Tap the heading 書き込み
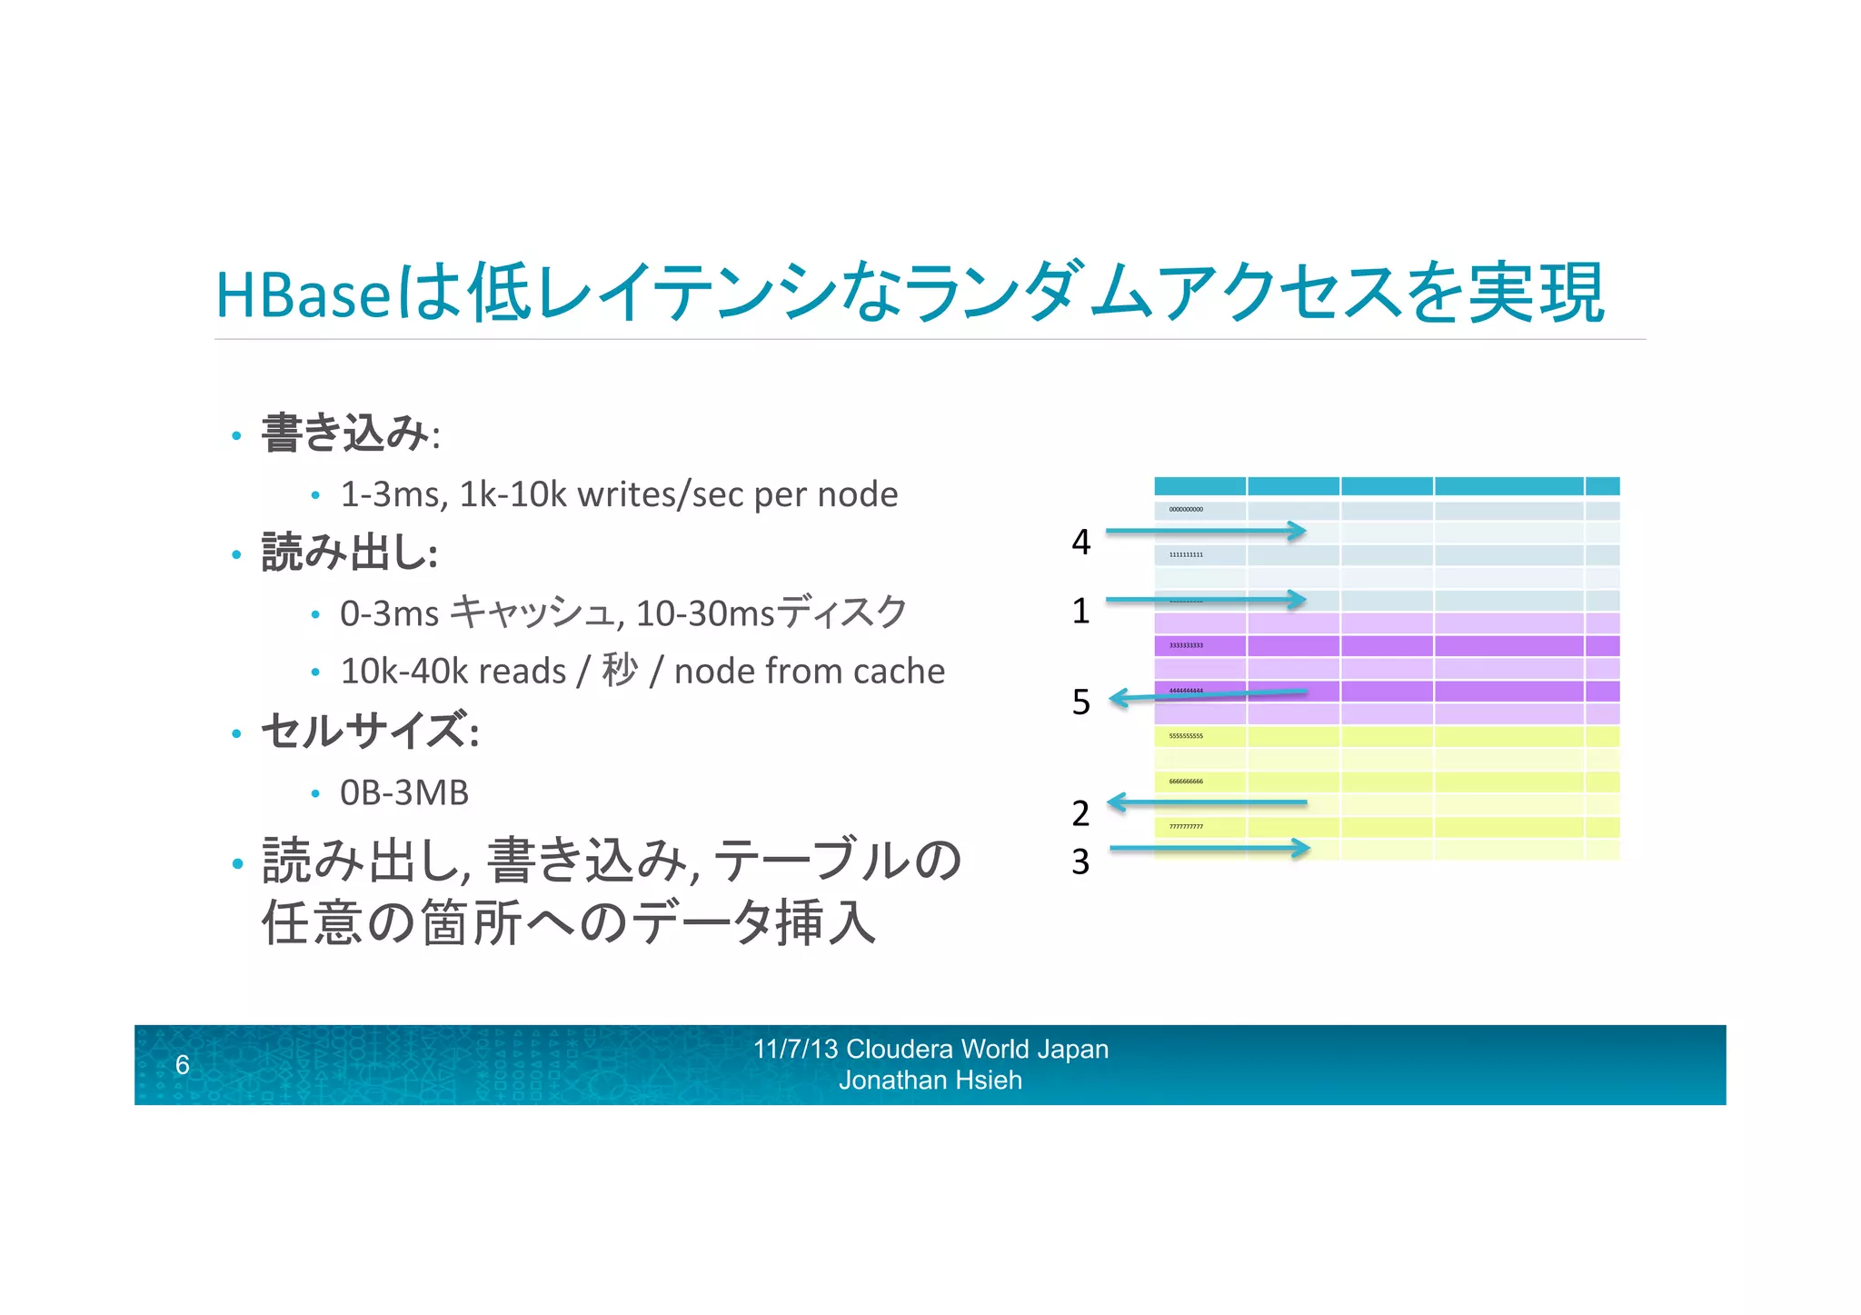point(344,433)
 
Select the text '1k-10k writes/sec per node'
point(678,495)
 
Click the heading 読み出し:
point(350,553)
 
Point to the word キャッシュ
point(534,612)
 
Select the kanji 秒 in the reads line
point(620,671)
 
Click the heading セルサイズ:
point(370,731)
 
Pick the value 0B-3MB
point(404,793)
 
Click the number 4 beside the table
point(1080,543)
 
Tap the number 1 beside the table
point(1080,611)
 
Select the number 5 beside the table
point(1080,702)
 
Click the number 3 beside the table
point(1080,862)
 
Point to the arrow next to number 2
point(1207,802)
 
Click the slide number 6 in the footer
point(183,1064)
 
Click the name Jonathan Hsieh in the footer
point(930,1081)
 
